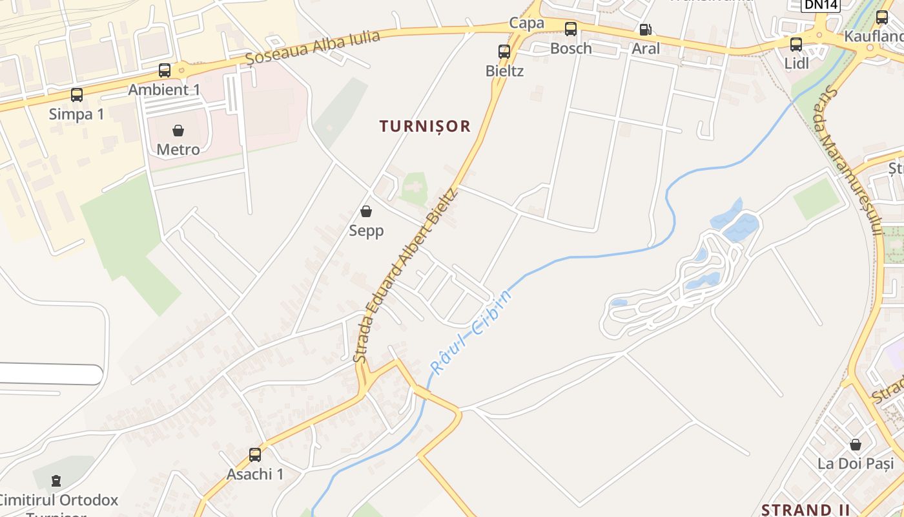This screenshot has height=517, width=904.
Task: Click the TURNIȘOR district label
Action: [425, 126]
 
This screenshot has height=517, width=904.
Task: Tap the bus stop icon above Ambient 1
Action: [165, 70]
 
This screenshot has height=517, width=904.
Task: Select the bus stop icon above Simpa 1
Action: [77, 95]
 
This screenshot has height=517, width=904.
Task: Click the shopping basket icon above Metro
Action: [178, 131]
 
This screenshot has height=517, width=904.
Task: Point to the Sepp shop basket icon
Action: [366, 211]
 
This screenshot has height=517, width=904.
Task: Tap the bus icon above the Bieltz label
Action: [504, 51]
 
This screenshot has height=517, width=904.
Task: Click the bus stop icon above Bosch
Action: [571, 29]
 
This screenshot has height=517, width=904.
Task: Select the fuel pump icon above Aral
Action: [645, 30]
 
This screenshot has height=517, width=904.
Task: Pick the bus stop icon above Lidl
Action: [796, 45]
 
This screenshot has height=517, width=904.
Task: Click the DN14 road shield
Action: [821, 5]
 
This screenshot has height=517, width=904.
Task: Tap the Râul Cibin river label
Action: [471, 332]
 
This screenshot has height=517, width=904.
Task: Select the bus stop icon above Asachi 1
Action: [255, 455]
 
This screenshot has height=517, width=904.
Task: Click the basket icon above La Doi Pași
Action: [856, 445]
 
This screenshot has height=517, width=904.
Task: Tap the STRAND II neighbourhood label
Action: [805, 509]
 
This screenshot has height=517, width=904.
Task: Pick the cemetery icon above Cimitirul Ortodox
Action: [57, 481]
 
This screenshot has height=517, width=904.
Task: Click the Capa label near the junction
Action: [526, 23]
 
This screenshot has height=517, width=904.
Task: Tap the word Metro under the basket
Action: [178, 149]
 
